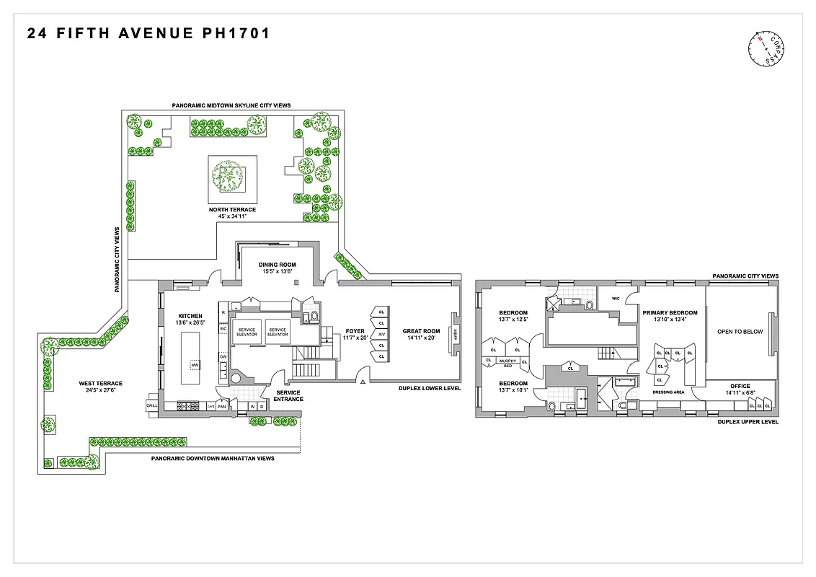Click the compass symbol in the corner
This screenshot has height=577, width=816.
(x=766, y=50)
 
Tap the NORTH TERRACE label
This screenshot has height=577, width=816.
(x=232, y=210)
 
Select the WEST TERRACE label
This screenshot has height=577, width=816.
(x=101, y=384)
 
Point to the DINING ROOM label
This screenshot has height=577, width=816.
(x=278, y=265)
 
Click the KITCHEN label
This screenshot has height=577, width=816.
(x=191, y=316)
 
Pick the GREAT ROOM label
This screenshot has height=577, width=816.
(x=422, y=331)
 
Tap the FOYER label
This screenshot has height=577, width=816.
(x=355, y=331)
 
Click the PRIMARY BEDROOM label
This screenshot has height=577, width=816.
(x=670, y=313)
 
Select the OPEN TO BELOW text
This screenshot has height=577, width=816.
(x=740, y=332)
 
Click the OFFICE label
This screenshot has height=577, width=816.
(x=740, y=386)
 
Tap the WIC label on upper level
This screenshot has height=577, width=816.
(x=616, y=298)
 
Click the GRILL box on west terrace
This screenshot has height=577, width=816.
(x=152, y=406)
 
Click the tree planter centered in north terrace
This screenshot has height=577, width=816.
(x=232, y=177)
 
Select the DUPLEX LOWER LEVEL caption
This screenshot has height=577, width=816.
(x=430, y=388)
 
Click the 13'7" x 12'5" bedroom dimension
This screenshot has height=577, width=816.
(x=513, y=320)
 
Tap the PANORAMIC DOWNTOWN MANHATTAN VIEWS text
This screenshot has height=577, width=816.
(x=213, y=459)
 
